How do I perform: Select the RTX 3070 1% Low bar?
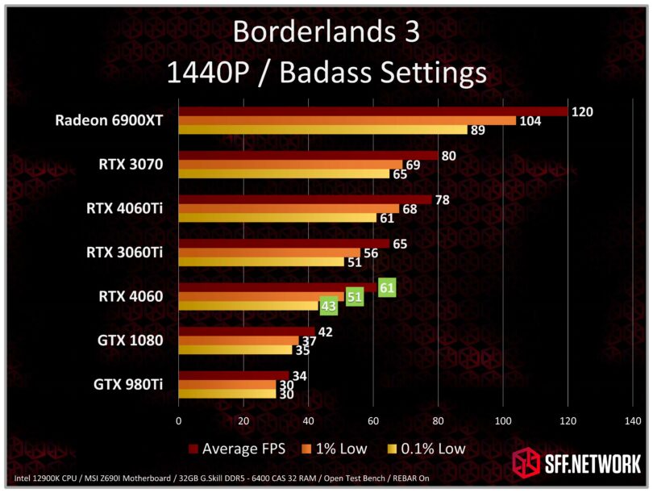(290, 165)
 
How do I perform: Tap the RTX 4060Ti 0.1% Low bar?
(277, 218)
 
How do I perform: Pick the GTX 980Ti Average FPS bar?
(233, 375)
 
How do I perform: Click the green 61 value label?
(387, 286)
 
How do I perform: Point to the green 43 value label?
(329, 307)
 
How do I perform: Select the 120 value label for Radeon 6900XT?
(581, 111)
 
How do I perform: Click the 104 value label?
(530, 120)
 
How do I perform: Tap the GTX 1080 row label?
(128, 341)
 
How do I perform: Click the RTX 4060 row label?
(131, 296)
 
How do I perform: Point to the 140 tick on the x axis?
(632, 421)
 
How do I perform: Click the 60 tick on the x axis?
(372, 421)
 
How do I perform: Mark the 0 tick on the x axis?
(178, 421)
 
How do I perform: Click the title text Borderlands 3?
(326, 32)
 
